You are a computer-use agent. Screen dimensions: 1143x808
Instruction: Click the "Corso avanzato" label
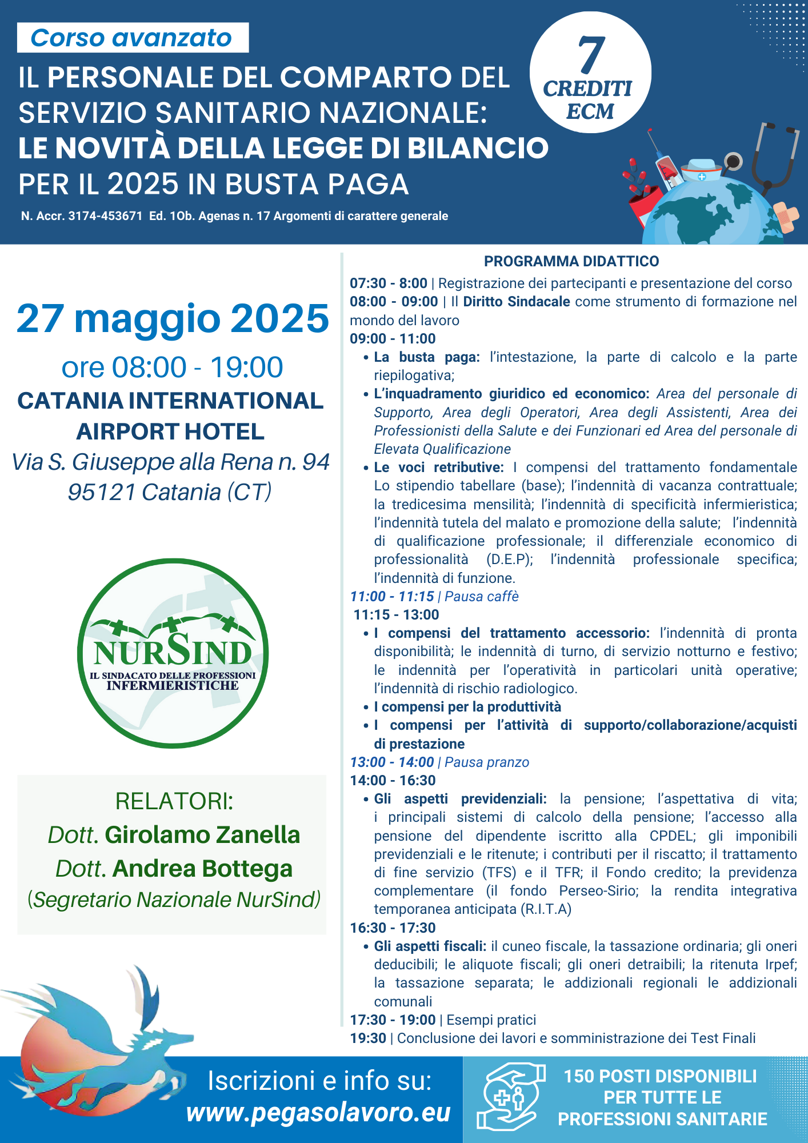coord(131,38)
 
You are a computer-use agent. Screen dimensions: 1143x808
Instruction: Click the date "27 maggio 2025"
coord(173,318)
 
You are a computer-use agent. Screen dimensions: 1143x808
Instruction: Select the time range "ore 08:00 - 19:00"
coord(172,367)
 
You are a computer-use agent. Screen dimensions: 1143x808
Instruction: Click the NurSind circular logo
coord(173,653)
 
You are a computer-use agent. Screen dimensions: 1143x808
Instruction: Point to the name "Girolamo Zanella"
coord(202,835)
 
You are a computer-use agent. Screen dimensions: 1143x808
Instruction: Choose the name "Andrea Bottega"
coord(202,868)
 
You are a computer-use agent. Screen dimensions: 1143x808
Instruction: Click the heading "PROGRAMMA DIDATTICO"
coord(571,261)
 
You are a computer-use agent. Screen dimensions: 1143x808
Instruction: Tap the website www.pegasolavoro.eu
coord(318,1113)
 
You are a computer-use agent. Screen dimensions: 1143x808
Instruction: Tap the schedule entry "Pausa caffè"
coord(481,596)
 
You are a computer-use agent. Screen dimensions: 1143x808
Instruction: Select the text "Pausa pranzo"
coord(486,762)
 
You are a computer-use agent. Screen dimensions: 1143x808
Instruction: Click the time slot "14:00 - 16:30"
coord(393,780)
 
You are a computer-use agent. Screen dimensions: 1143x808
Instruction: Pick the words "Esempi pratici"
coord(491,1020)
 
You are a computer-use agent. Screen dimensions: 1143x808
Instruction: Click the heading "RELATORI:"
coord(174,801)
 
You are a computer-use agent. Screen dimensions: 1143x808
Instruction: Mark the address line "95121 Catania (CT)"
coord(170,492)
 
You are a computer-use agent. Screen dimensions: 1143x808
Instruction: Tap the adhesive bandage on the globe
coord(787,216)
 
